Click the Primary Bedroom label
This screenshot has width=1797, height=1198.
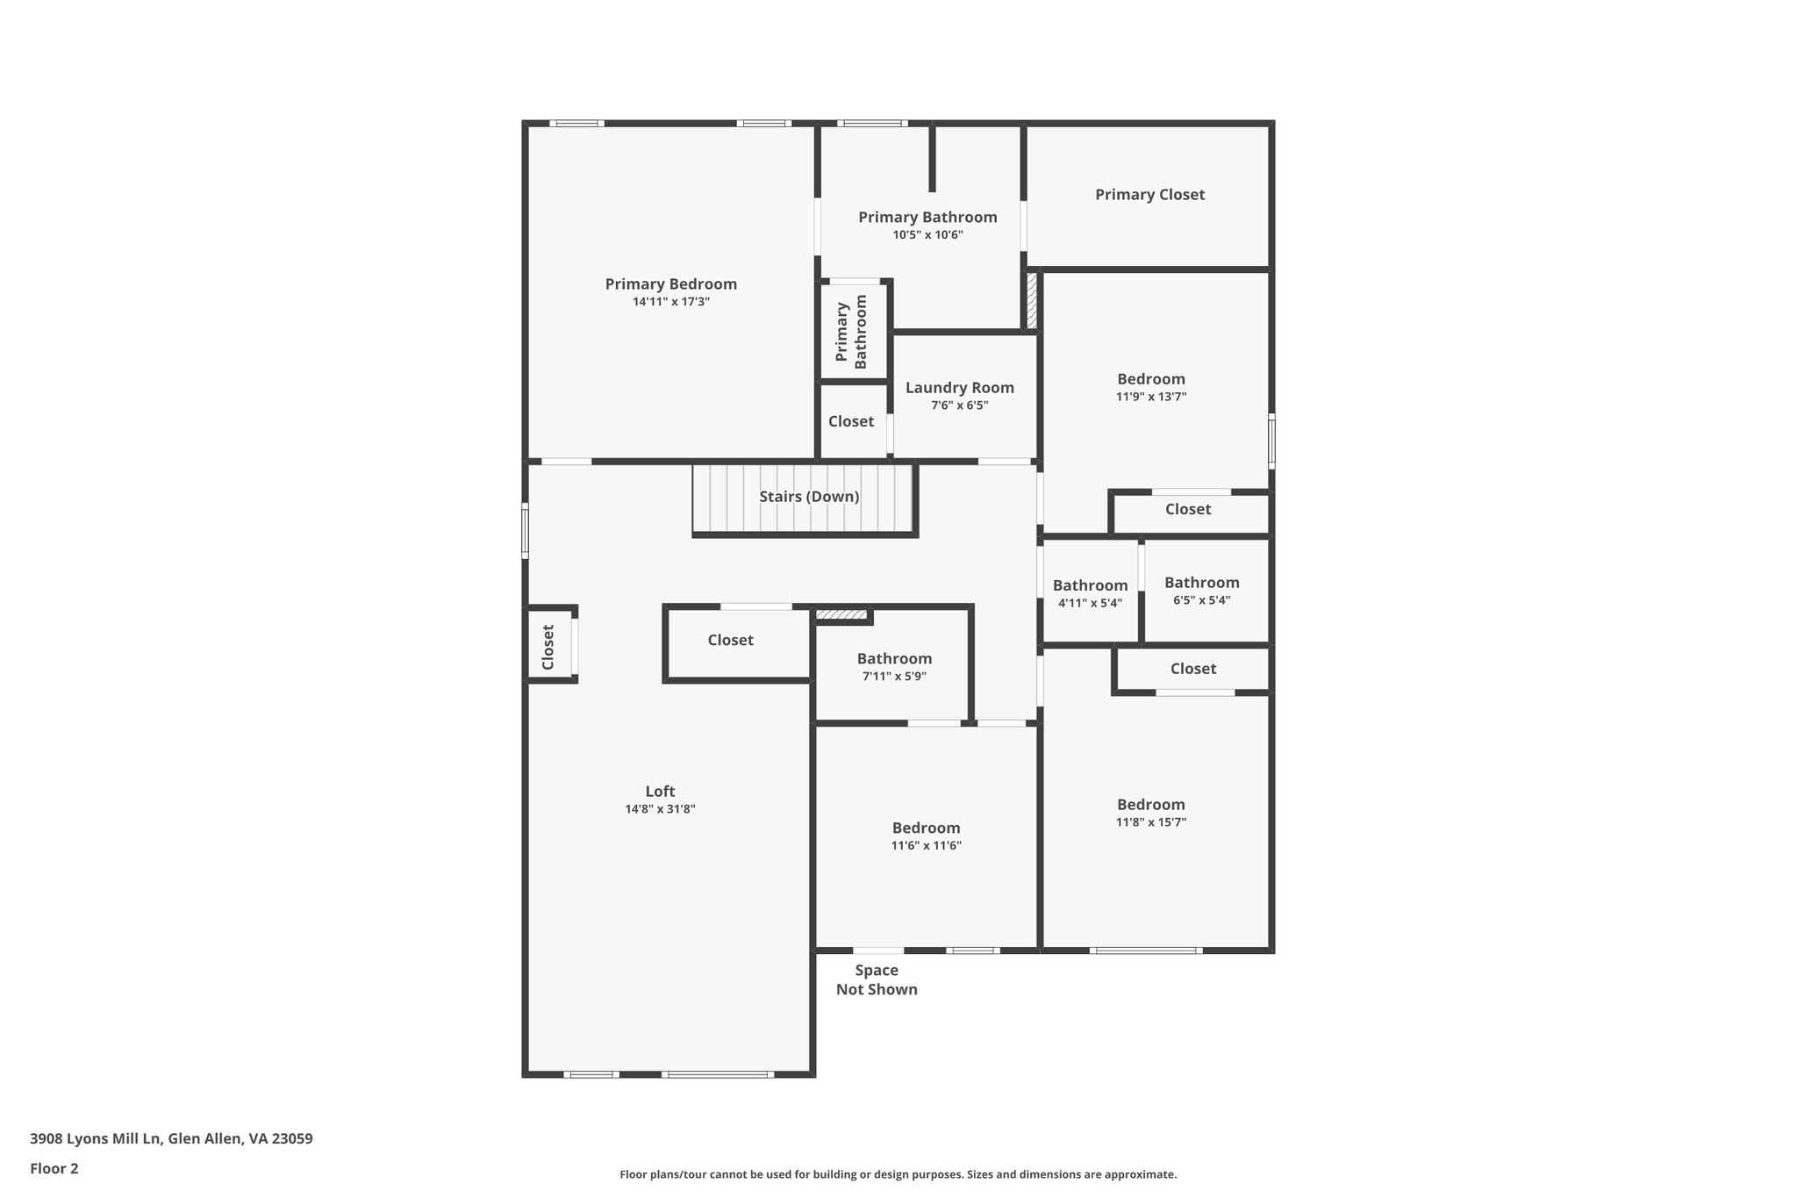(670, 284)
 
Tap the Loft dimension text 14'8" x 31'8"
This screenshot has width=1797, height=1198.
(660, 809)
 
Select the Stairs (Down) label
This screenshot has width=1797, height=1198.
(809, 497)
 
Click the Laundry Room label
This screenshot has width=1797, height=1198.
(959, 388)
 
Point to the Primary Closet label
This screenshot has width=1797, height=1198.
(1149, 195)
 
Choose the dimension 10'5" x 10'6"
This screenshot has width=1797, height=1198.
(927, 235)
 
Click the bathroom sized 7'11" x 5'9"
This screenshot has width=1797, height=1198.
(894, 659)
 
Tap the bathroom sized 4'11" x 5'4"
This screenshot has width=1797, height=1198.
(1090, 585)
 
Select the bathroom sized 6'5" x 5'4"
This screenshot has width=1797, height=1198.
(1201, 583)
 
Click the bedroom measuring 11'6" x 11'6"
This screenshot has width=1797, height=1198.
(926, 829)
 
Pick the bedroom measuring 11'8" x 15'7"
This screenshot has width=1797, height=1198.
(1150, 805)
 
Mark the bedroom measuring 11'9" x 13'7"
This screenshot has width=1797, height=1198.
(1150, 379)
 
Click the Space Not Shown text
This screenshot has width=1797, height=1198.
(877, 979)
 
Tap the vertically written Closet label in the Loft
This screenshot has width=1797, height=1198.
(548, 647)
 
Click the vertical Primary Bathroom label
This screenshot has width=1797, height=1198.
(851, 332)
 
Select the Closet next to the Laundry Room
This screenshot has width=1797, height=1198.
(850, 421)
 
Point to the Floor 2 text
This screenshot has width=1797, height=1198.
(54, 1169)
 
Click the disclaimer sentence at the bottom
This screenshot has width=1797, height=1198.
(898, 1174)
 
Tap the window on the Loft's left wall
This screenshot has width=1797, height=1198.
(525, 530)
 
